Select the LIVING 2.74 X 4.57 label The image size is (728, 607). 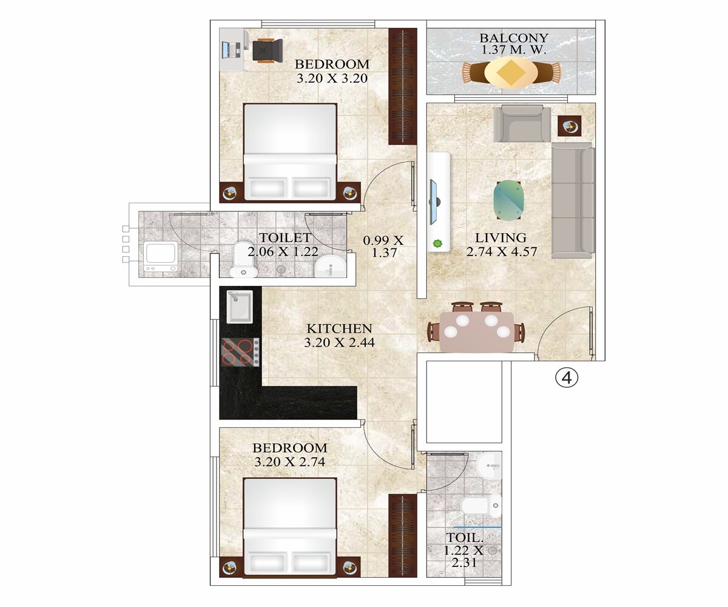[x=501, y=245]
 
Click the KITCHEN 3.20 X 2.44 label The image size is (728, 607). [x=339, y=335]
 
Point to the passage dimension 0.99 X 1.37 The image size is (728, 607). [x=383, y=246]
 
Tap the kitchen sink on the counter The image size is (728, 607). [x=240, y=307]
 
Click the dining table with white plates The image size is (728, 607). [x=477, y=331]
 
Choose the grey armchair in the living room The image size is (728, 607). [x=522, y=124]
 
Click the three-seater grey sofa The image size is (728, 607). [x=572, y=200]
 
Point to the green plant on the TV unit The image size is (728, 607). [x=437, y=244]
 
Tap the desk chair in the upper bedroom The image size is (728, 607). [x=268, y=49]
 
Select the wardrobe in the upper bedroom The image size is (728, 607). [x=402, y=86]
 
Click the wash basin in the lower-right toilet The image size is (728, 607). [x=490, y=466]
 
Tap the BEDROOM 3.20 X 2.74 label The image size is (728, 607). [x=290, y=455]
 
